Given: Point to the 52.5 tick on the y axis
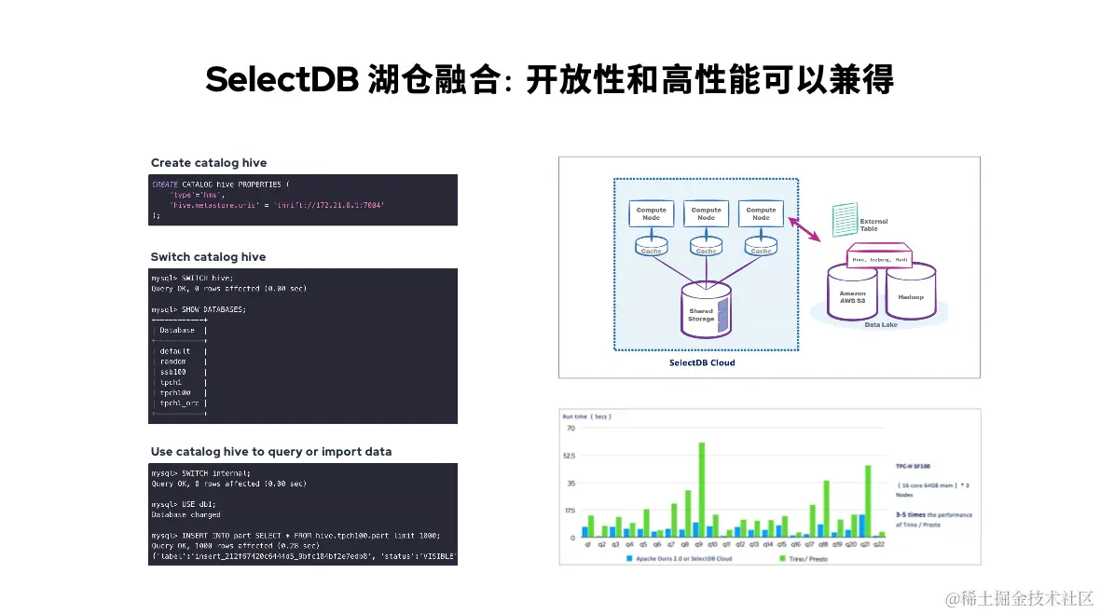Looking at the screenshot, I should (x=569, y=456).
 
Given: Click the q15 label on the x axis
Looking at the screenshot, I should (x=782, y=544).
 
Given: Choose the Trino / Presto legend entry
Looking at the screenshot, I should (x=806, y=558).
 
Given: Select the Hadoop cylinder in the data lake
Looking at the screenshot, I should (x=910, y=293).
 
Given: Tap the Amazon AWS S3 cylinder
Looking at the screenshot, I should (x=853, y=293).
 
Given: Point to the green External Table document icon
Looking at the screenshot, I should (x=845, y=221).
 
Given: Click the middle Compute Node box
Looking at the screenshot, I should (x=707, y=213).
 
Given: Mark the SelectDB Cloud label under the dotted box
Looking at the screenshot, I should (x=702, y=362).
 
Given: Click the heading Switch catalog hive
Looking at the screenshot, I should (x=208, y=257).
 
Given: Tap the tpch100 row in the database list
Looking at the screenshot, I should (x=175, y=392).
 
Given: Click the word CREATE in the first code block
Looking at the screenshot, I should (x=165, y=184).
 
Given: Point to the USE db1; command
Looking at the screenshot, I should (x=186, y=504).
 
